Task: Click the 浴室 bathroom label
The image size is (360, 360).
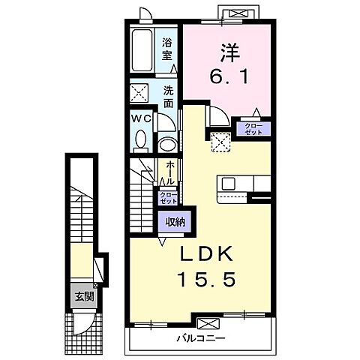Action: [x=166, y=49]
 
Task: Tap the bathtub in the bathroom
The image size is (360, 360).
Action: [x=142, y=50]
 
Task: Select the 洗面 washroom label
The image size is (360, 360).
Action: [x=169, y=97]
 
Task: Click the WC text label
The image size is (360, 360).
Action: [x=141, y=118]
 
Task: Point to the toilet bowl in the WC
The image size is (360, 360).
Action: [x=141, y=140]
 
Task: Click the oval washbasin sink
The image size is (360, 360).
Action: [x=168, y=145]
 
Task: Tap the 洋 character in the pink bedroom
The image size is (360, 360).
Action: [x=229, y=52]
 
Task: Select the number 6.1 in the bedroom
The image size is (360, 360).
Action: [x=229, y=76]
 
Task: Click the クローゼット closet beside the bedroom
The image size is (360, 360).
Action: [x=253, y=129]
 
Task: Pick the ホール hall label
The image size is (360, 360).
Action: [x=170, y=172]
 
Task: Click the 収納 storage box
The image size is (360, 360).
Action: [x=175, y=222]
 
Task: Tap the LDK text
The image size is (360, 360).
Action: [x=206, y=253]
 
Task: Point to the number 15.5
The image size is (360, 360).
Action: [x=206, y=279]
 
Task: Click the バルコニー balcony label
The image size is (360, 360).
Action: [x=201, y=339]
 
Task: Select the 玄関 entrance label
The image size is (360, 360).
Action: [x=85, y=296]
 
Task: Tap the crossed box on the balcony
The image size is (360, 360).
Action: [x=208, y=323]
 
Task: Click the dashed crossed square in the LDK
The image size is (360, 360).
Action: [x=220, y=142]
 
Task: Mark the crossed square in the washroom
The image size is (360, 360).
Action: [x=139, y=93]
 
